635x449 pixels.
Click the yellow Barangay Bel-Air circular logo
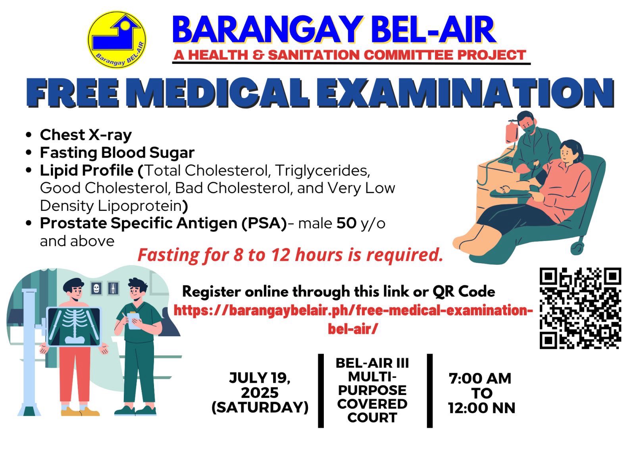click(117, 40)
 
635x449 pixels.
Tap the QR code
click(580, 308)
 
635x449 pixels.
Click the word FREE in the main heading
click(73, 93)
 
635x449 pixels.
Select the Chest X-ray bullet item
click(86, 135)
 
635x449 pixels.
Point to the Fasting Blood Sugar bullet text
click(117, 152)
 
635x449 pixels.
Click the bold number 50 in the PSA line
click(346, 223)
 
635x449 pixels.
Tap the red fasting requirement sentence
click(290, 254)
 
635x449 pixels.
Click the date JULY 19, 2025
click(260, 385)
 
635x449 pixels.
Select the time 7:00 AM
click(480, 378)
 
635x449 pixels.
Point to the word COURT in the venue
click(372, 418)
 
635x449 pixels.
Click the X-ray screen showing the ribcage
click(74, 327)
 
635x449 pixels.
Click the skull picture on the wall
click(96, 289)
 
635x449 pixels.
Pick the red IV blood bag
click(512, 132)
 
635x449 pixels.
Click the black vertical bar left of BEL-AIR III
click(321, 391)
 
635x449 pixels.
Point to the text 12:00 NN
click(482, 408)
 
